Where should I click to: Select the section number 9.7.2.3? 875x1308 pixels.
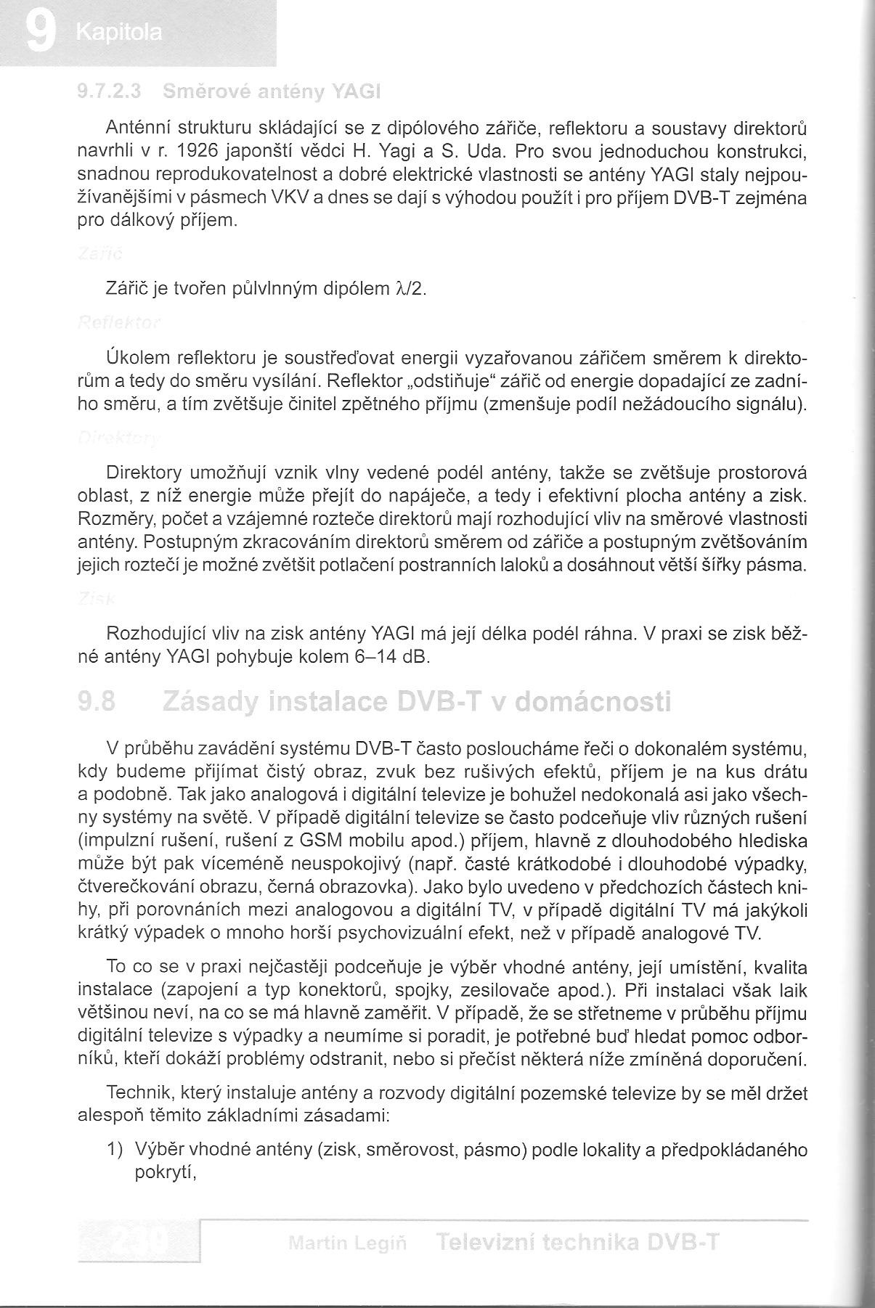click(109, 92)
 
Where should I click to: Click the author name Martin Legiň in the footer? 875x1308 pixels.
click(347, 1243)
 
